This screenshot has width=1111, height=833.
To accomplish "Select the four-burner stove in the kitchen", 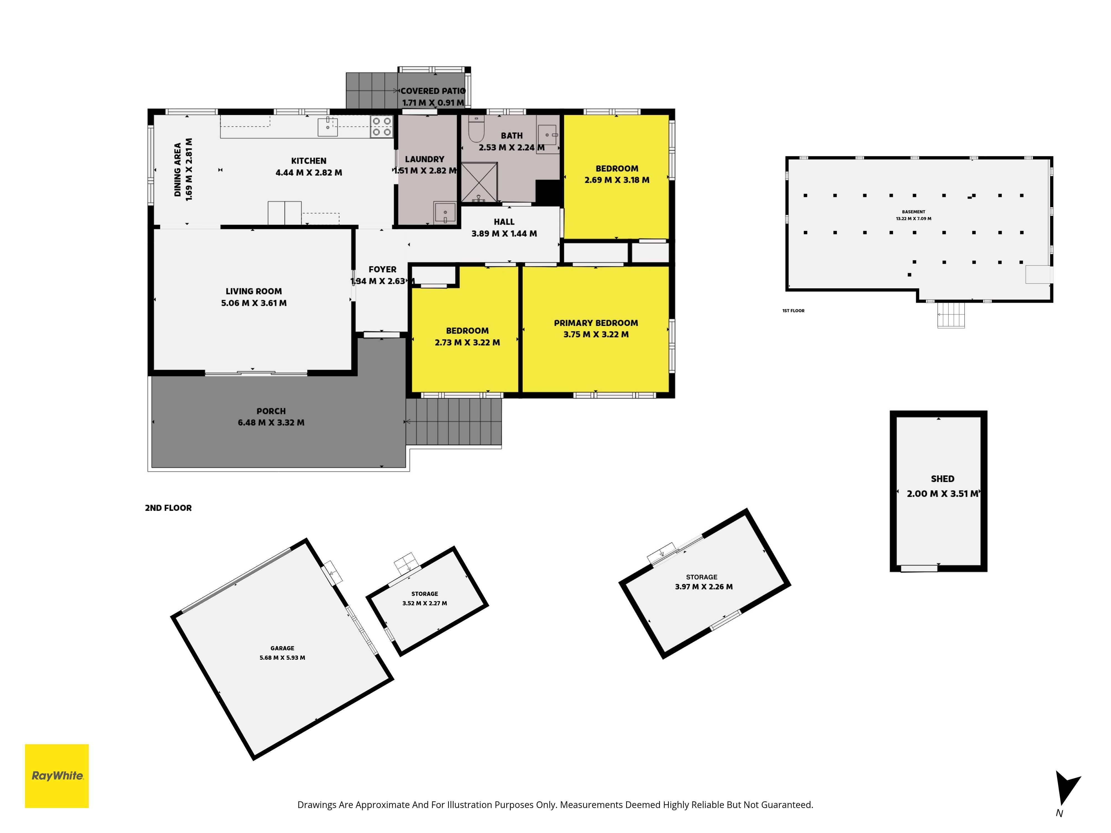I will pyautogui.click(x=381, y=127).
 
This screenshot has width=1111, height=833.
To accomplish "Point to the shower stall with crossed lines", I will pyautogui.click(x=479, y=182).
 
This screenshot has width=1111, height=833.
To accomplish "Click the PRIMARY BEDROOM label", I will pyautogui.click(x=596, y=323).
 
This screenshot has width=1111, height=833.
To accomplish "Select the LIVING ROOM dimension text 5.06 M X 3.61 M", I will pyautogui.click(x=254, y=303).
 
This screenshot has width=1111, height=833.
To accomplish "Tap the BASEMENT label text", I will pyautogui.click(x=913, y=212).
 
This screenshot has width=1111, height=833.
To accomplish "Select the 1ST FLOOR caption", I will pyautogui.click(x=793, y=311).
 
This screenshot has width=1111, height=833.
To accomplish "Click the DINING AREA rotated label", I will pyautogui.click(x=177, y=170).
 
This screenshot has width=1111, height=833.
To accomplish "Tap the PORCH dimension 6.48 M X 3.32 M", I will pyautogui.click(x=271, y=423).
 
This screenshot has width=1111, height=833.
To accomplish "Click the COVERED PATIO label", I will pyautogui.click(x=433, y=91).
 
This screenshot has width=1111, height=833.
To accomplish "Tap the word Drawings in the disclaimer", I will pyautogui.click(x=316, y=805).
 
